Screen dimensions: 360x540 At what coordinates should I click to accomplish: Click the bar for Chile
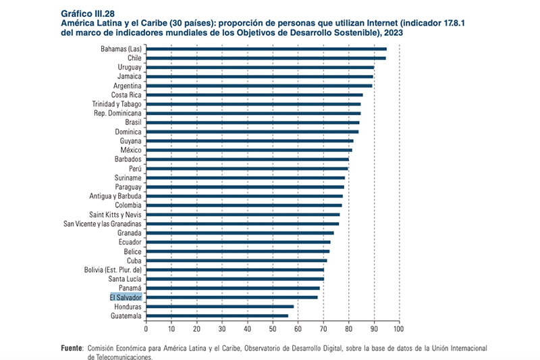coord(266,58)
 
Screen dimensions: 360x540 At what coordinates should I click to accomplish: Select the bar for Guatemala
coord(217,315)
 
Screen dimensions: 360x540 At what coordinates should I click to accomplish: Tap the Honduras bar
coord(220,306)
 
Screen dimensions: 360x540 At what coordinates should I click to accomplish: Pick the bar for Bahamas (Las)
coord(267,49)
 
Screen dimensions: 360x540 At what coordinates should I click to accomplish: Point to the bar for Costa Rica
coord(254,95)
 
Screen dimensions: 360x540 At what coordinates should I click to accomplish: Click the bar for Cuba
coord(237,260)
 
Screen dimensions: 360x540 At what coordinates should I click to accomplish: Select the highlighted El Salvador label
coord(126,297)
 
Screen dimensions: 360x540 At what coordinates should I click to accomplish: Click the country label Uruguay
coord(130,68)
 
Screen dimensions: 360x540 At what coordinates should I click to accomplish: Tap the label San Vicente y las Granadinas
coord(103,224)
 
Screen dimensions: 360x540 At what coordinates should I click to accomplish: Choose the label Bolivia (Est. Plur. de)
coord(113,269)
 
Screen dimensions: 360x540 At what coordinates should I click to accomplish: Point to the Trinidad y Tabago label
coord(117,104)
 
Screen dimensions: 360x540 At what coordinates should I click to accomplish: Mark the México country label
coord(130,150)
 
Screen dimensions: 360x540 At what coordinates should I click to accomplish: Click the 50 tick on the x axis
coord(273,329)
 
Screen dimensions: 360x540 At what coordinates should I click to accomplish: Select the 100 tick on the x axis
coord(399,329)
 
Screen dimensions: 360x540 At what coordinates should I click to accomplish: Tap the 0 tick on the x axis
coord(146,329)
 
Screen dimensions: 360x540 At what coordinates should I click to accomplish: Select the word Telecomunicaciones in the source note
coord(120,357)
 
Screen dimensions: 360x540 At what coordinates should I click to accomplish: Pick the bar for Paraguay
coord(245,186)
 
